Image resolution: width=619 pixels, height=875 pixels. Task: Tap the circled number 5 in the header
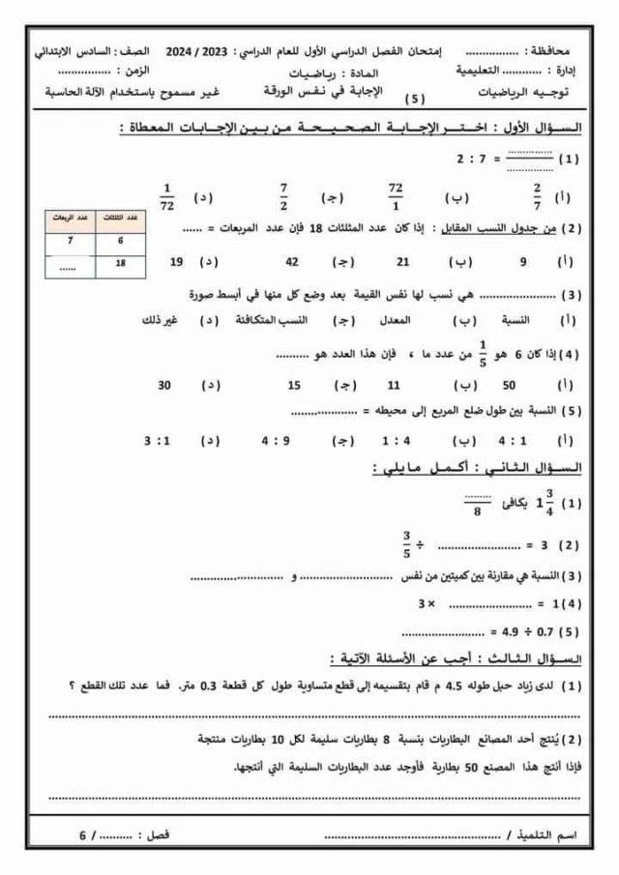[416, 98]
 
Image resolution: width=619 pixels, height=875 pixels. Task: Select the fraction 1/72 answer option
[165, 196]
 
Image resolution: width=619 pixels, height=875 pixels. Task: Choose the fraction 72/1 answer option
[394, 196]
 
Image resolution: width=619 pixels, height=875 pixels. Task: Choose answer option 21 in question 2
[404, 262]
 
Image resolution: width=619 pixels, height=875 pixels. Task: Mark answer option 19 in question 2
[176, 262]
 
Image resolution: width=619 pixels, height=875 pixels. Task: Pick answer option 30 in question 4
[164, 384]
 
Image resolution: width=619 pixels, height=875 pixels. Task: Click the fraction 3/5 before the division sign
[407, 544]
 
